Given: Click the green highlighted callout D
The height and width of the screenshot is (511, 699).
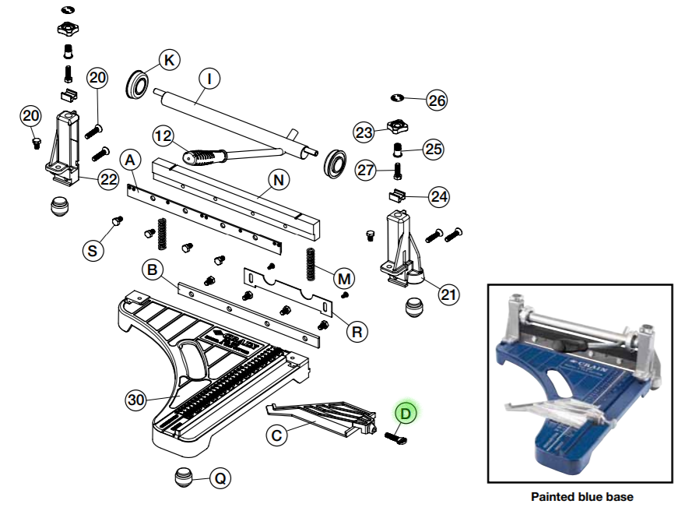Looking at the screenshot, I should (406, 413).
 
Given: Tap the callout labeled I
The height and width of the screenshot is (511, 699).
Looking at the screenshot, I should (209, 78).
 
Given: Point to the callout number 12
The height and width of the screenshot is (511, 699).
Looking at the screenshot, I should (163, 136).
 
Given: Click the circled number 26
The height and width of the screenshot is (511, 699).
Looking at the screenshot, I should (437, 100).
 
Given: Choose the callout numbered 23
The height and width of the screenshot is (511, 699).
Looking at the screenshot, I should (364, 132).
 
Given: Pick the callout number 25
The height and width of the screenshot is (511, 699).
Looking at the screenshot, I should (433, 149).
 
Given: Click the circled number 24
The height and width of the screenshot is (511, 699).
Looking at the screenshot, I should (439, 196).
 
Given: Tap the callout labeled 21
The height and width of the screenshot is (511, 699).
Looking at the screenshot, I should (448, 294).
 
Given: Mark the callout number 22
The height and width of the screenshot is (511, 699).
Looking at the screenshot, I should (107, 180).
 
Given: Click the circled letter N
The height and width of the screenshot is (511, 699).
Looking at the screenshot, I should (279, 180).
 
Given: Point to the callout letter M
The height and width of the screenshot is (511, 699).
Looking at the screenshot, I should (343, 278).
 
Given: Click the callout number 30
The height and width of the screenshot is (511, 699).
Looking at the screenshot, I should (136, 400).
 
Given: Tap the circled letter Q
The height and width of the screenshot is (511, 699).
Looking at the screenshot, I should (220, 478).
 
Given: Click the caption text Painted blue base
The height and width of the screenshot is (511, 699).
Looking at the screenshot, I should (581, 496).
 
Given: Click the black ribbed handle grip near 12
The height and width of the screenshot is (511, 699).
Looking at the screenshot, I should (202, 157).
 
